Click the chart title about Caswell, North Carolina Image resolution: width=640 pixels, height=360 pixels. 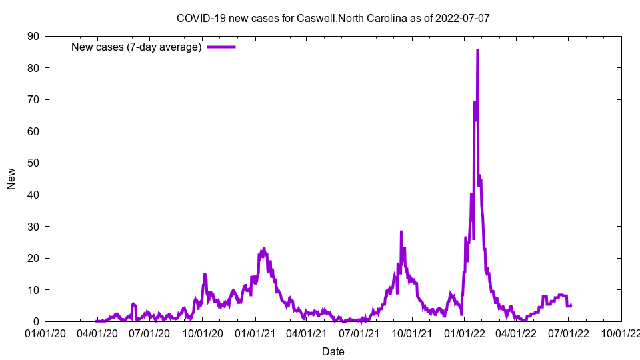[x=333, y=18]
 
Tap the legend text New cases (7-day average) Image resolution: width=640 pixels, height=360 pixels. [x=136, y=47]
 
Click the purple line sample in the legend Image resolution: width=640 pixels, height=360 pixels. [x=221, y=47]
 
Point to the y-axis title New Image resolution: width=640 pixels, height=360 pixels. [x=11, y=179]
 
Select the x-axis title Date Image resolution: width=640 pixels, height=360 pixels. [x=333, y=351]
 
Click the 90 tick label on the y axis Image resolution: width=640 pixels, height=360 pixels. [x=33, y=36]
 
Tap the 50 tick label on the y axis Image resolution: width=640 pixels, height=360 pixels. [x=33, y=163]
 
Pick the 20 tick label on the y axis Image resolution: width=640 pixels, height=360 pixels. [x=33, y=258]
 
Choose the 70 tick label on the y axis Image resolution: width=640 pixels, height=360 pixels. [x=33, y=99]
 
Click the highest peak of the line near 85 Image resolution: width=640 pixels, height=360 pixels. [x=477, y=51]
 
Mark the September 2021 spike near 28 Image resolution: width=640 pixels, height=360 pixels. [x=401, y=232]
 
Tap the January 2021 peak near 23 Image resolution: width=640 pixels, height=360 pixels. [x=264, y=248]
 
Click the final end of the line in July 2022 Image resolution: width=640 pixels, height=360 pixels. [x=571, y=305]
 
